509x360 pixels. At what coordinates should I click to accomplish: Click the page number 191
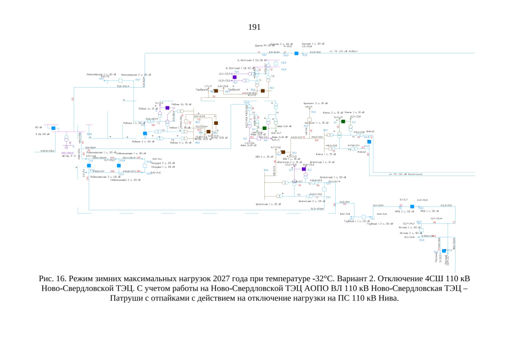coord(254,27)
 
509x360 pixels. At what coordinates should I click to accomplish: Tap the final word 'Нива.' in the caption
coord(388,298)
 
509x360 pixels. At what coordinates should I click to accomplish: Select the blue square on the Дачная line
coord(296,53)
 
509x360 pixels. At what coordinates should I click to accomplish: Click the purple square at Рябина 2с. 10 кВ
coord(168,107)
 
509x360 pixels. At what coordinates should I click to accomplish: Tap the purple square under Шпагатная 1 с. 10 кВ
coord(303,169)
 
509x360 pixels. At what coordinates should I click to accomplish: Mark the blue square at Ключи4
coord(370,142)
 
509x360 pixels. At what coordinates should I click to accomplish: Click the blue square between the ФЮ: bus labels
coord(412,207)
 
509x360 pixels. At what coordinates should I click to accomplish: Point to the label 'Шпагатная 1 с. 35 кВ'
coord(268,204)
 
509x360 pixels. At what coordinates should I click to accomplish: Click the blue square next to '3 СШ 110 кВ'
coord(54,128)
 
